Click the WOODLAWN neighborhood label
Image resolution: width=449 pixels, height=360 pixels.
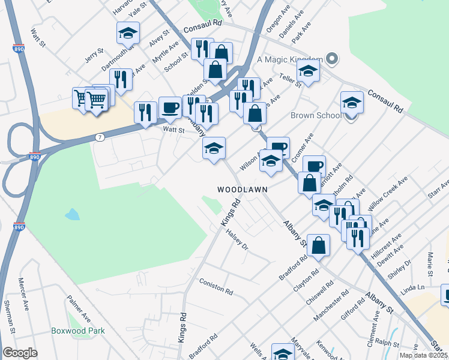coord(242,189)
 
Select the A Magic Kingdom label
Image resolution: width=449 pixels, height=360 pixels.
coord(290,59)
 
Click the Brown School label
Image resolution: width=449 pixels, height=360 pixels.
coord(316,115)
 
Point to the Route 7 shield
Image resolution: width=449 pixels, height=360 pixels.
coord(100,137)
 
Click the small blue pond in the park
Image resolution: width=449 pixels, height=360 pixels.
coord(72,214)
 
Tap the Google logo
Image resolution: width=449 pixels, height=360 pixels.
coord(20,353)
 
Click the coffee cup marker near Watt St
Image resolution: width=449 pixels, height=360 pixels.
coord(170,107)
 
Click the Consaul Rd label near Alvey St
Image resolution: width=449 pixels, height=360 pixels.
coord(203,28)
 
